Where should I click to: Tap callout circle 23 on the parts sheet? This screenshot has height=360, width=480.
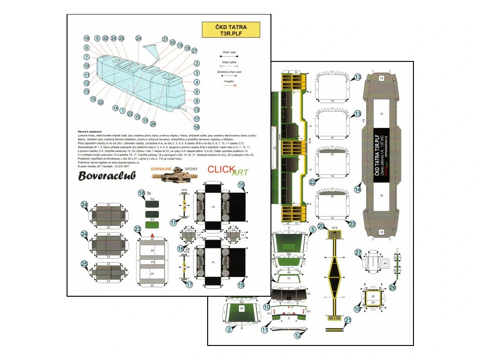(137, 229)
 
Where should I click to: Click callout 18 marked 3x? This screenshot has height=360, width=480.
(142, 193)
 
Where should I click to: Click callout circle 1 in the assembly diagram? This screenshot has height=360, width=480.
(123, 111)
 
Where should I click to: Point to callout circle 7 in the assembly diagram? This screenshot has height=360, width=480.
(87, 57)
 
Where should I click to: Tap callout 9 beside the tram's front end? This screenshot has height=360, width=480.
(197, 101)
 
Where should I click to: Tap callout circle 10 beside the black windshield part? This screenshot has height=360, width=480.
(267, 307)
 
